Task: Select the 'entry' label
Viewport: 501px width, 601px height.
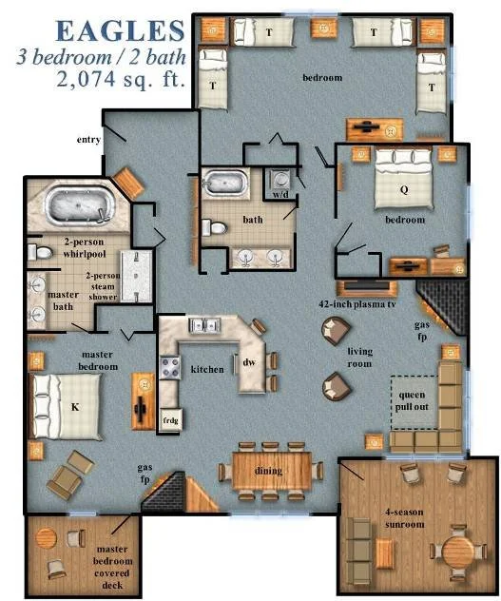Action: click(x=88, y=140)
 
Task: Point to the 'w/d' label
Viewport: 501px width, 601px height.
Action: click(x=280, y=195)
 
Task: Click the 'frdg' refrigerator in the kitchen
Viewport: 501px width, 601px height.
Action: click(x=171, y=419)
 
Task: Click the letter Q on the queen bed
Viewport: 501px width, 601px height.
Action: click(x=404, y=188)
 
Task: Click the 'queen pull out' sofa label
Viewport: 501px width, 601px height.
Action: click(x=415, y=402)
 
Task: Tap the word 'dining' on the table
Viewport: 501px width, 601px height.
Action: click(x=269, y=471)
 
